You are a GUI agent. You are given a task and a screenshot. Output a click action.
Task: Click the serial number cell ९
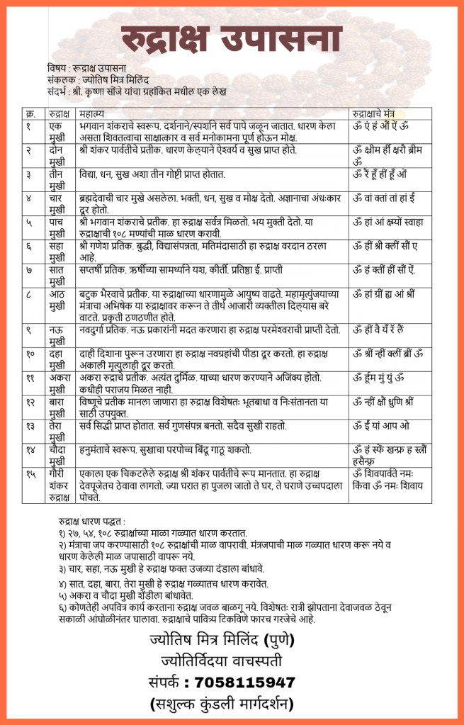(x=28, y=330)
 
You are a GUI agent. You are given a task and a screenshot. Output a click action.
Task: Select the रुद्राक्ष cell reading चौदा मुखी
(x=60, y=456)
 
